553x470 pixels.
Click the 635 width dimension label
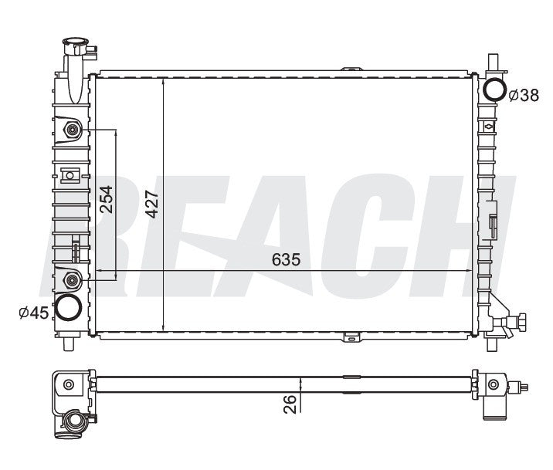point(286,259)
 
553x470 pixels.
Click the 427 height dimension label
point(153,204)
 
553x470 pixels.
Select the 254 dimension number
point(106,199)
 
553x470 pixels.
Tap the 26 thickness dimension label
point(290,404)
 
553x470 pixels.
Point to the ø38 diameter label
point(524,95)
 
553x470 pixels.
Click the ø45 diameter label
point(34,313)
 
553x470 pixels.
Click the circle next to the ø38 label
point(495,89)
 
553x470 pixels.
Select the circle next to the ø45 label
point(69,307)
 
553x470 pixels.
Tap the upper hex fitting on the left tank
point(72,130)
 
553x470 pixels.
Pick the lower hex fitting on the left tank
point(72,280)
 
